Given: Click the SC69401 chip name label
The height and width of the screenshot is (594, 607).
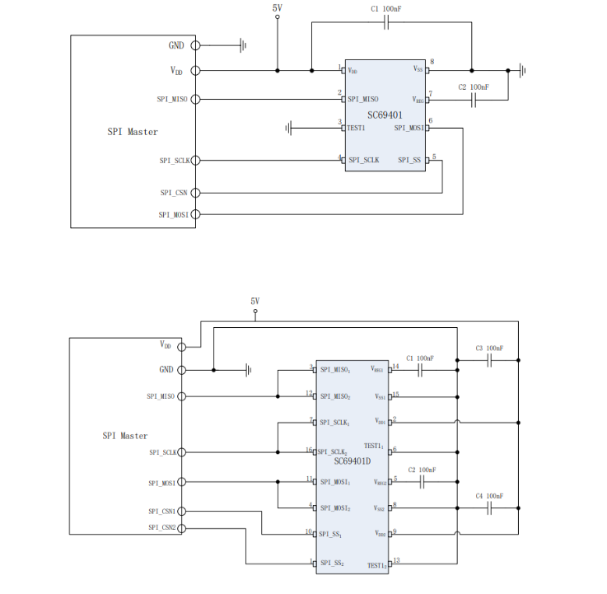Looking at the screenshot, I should [385, 115].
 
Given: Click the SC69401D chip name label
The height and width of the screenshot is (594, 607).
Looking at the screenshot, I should [353, 461].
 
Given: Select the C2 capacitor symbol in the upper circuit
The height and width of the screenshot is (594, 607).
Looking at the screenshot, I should [474, 101].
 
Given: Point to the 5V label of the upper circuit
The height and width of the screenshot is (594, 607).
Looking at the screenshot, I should [278, 7].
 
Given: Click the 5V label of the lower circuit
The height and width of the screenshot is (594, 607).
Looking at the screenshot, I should [255, 302].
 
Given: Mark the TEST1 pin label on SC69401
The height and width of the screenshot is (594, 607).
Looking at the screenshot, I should [356, 128].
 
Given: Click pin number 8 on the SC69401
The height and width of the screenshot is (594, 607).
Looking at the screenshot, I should [432, 63].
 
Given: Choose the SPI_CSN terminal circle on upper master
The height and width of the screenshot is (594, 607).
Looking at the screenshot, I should [195, 193].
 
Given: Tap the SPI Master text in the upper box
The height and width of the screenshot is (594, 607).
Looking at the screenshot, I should [132, 132].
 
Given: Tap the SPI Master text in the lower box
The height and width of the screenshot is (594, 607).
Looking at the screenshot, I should [125, 436].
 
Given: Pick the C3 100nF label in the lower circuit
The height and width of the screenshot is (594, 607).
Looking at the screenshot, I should [489, 348].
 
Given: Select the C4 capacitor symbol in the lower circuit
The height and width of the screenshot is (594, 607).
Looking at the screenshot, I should [490, 509].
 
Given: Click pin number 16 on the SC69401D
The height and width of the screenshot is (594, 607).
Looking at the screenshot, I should [309, 450].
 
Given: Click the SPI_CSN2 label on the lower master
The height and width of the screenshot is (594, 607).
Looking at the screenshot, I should [162, 527].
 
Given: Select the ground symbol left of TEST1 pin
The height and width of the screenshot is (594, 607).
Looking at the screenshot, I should [288, 128].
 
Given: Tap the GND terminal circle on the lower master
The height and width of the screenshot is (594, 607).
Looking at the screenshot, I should [182, 370].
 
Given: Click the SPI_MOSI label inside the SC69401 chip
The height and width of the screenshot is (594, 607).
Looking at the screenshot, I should [409, 128].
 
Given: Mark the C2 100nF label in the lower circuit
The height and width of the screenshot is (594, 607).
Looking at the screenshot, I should [421, 470].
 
